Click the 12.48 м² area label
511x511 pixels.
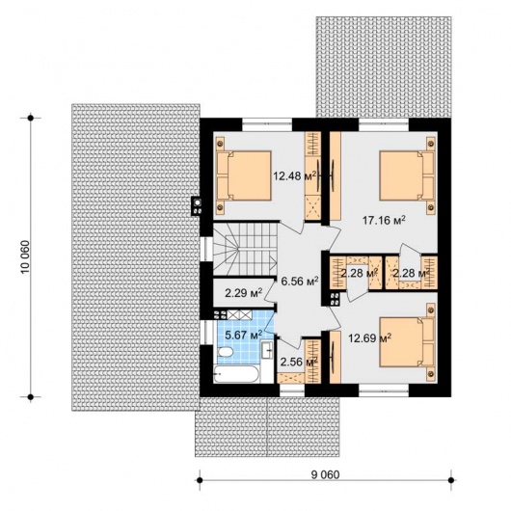pos(295,176)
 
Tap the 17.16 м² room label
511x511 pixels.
pos(384,220)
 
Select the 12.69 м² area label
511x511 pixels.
pos(370,338)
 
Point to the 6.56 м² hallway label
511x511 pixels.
pos(300,281)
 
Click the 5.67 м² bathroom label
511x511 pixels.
pos(244,335)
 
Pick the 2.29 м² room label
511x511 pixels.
pos(244,293)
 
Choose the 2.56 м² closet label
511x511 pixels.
pos(299,363)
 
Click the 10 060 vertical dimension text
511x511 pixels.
pos(25,257)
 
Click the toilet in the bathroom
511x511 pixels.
pos(225,353)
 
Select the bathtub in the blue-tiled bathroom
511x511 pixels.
pos(236,374)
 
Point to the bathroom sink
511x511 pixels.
pos(268,350)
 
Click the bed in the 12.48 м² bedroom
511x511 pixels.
pos(244,175)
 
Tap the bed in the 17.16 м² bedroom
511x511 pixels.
pos(408,175)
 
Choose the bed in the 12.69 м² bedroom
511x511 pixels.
pos(408,342)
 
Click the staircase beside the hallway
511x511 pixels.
pos(245,249)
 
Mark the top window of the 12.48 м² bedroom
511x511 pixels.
pos(267,124)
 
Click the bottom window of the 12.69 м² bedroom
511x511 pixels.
pos(384,390)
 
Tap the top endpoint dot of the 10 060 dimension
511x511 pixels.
pos(31,118)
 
